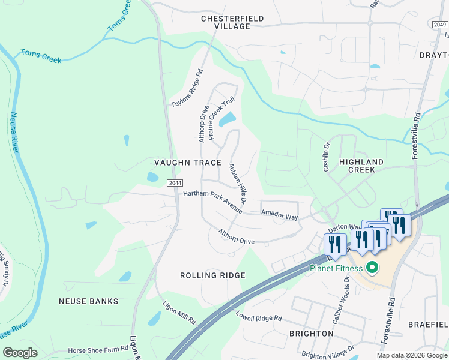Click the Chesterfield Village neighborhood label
pyautogui.click(x=232, y=23)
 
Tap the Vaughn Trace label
pyautogui.click(x=188, y=163)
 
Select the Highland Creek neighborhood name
pyautogui.click(x=361, y=166)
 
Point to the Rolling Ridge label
pyautogui.click(x=212, y=275)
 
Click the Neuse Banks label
pyautogui.click(x=88, y=301)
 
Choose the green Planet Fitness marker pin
pyautogui.click(x=372, y=268)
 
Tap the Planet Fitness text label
pyautogui.click(x=336, y=268)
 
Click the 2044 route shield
pyautogui.click(x=175, y=183)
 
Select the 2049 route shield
pyautogui.click(x=440, y=24)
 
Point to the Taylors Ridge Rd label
pyautogui.click(x=187, y=88)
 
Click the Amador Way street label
pyautogui.click(x=279, y=215)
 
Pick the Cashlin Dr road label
pyautogui.click(x=327, y=157)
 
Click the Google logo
pyautogui.click(x=20, y=353)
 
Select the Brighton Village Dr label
pyautogui.click(x=328, y=351)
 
